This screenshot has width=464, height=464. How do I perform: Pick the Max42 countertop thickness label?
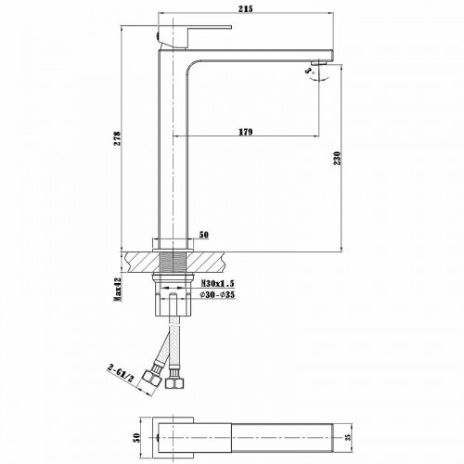point(118,290)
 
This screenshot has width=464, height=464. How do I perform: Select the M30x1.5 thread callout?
point(217,283)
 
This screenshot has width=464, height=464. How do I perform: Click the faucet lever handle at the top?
point(181,36)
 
